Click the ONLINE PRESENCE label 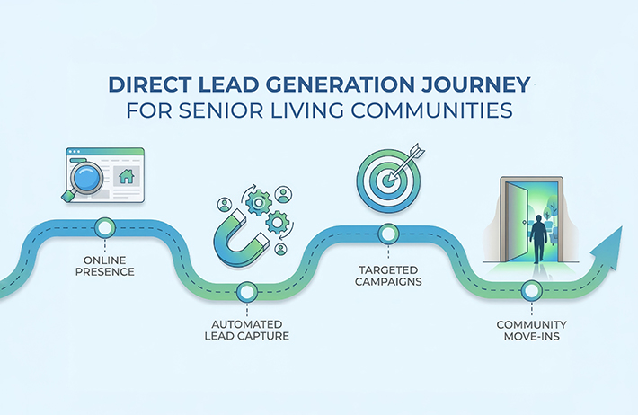106,264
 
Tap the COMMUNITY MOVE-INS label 531,330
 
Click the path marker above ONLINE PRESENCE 106,225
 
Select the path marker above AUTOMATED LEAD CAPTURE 245,291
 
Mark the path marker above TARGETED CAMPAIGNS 388,234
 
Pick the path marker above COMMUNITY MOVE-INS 531,290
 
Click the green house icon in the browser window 127,176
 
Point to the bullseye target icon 384,175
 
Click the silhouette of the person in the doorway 538,236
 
